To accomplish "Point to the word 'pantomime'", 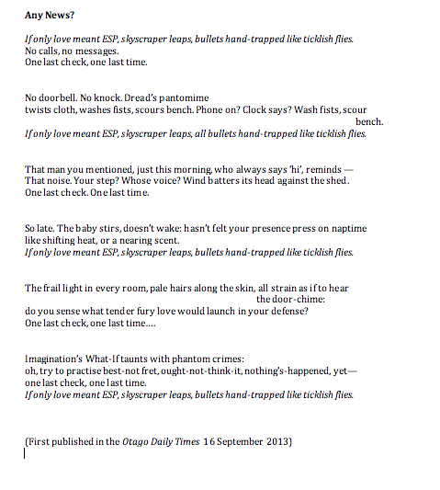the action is point(182,97).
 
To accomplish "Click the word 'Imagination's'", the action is point(60,359).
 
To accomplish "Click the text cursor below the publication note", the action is point(26,452).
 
